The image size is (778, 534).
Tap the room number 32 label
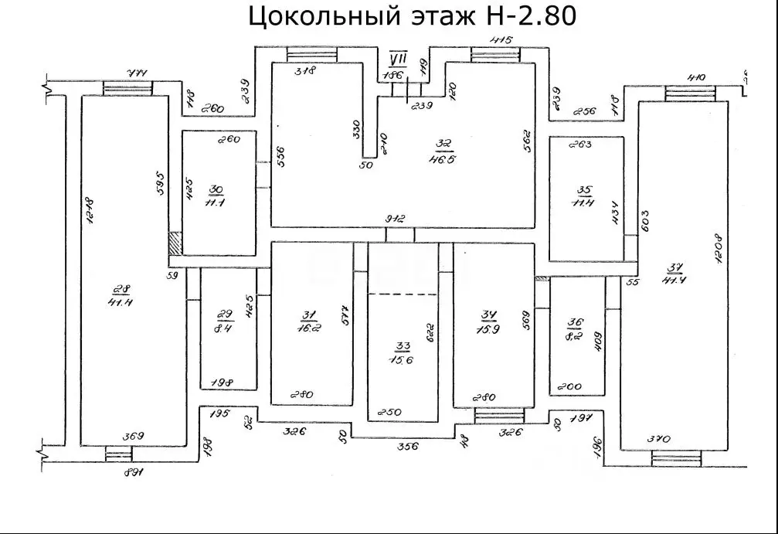click(443, 144)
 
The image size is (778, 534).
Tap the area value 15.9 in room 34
click(488, 327)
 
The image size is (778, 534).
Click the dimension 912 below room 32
click(396, 219)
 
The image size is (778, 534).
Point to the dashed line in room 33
click(403, 294)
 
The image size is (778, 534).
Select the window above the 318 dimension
click(311, 54)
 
